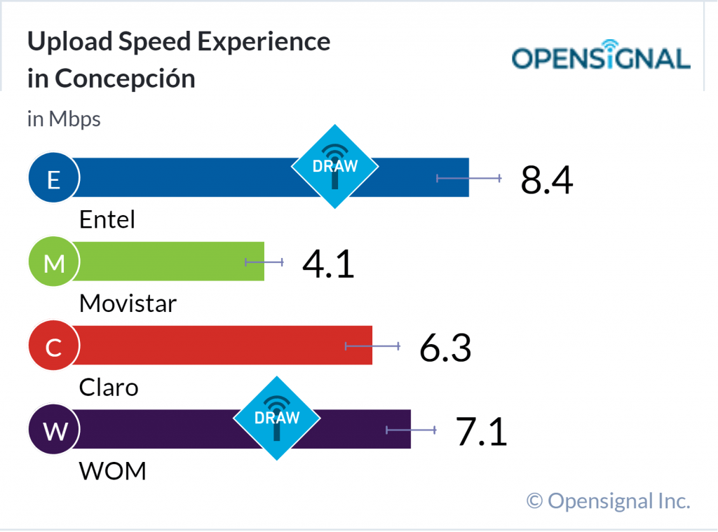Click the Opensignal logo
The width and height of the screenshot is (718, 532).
[x=601, y=57]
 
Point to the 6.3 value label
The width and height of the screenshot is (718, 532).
[x=445, y=347]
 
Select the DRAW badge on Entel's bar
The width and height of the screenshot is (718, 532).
[x=335, y=167]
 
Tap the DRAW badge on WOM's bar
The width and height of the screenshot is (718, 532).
[x=276, y=418]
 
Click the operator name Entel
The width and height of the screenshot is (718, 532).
[x=107, y=219]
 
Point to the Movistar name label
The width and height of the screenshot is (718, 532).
[x=128, y=303]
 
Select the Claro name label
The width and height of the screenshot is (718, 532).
[x=109, y=387]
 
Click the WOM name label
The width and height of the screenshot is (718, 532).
[x=113, y=470]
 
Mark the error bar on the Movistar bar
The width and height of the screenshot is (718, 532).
[x=264, y=262]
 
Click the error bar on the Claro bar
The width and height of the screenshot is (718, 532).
[x=372, y=346]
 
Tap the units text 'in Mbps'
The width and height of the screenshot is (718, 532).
[x=64, y=119]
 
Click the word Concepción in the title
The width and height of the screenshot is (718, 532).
[x=125, y=79]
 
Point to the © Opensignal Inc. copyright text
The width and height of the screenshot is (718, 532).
[x=609, y=500]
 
